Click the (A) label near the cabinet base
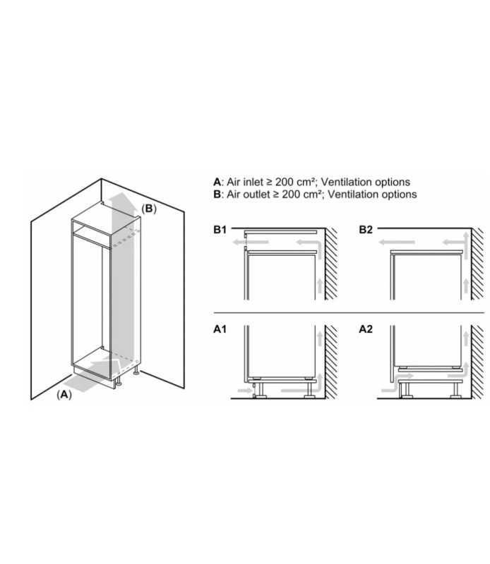pyautogui.click(x=64, y=395)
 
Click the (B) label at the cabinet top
pyautogui.click(x=149, y=209)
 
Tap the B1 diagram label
pyautogui.click(x=220, y=230)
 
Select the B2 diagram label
pyautogui.click(x=366, y=230)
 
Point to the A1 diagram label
pyautogui.click(x=220, y=329)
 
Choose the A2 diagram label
pyautogui.click(x=366, y=329)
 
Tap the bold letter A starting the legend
pyautogui.click(x=217, y=182)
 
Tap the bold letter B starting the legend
pyautogui.click(x=217, y=195)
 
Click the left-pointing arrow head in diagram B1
pyautogui.click(x=236, y=242)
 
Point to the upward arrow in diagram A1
pyautogui.click(x=320, y=339)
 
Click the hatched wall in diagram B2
pyautogui.click(x=478, y=264)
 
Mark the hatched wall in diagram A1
pyautogui.click(x=331, y=362)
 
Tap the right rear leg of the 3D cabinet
pyautogui.click(x=136, y=371)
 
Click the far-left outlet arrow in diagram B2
pyautogui.click(x=396, y=242)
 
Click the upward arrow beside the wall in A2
pyautogui.click(x=466, y=339)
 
